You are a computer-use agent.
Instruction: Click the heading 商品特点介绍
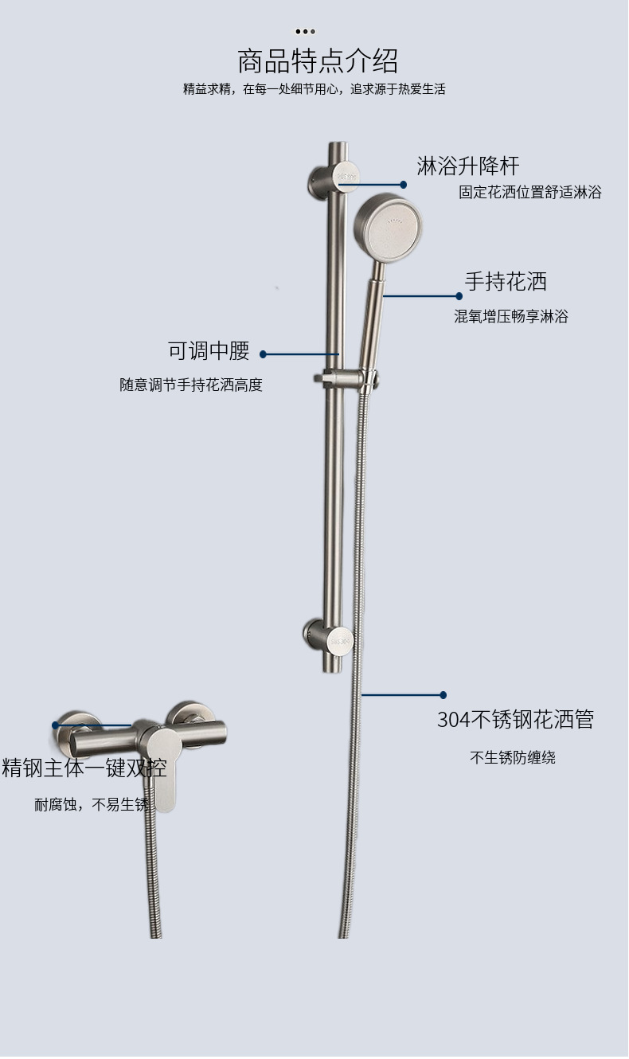click(318, 61)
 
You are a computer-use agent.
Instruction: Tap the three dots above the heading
click(305, 31)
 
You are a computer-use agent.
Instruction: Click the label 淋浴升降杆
click(467, 166)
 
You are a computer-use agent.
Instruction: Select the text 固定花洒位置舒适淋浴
click(529, 192)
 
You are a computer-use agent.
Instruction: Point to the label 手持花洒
click(506, 281)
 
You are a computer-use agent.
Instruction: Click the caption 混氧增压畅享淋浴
click(511, 316)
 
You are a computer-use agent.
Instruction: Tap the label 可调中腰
click(209, 350)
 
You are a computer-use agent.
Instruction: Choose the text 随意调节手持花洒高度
click(191, 385)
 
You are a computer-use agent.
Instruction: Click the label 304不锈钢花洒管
click(515, 720)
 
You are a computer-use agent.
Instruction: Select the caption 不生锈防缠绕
click(512, 757)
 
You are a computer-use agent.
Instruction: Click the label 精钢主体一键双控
click(84, 768)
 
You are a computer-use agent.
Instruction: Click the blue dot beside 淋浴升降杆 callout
click(404, 185)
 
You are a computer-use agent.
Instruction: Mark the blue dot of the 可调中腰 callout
click(264, 354)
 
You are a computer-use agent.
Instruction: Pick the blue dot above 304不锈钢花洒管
click(443, 695)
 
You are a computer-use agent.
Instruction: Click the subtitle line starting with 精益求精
click(314, 89)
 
